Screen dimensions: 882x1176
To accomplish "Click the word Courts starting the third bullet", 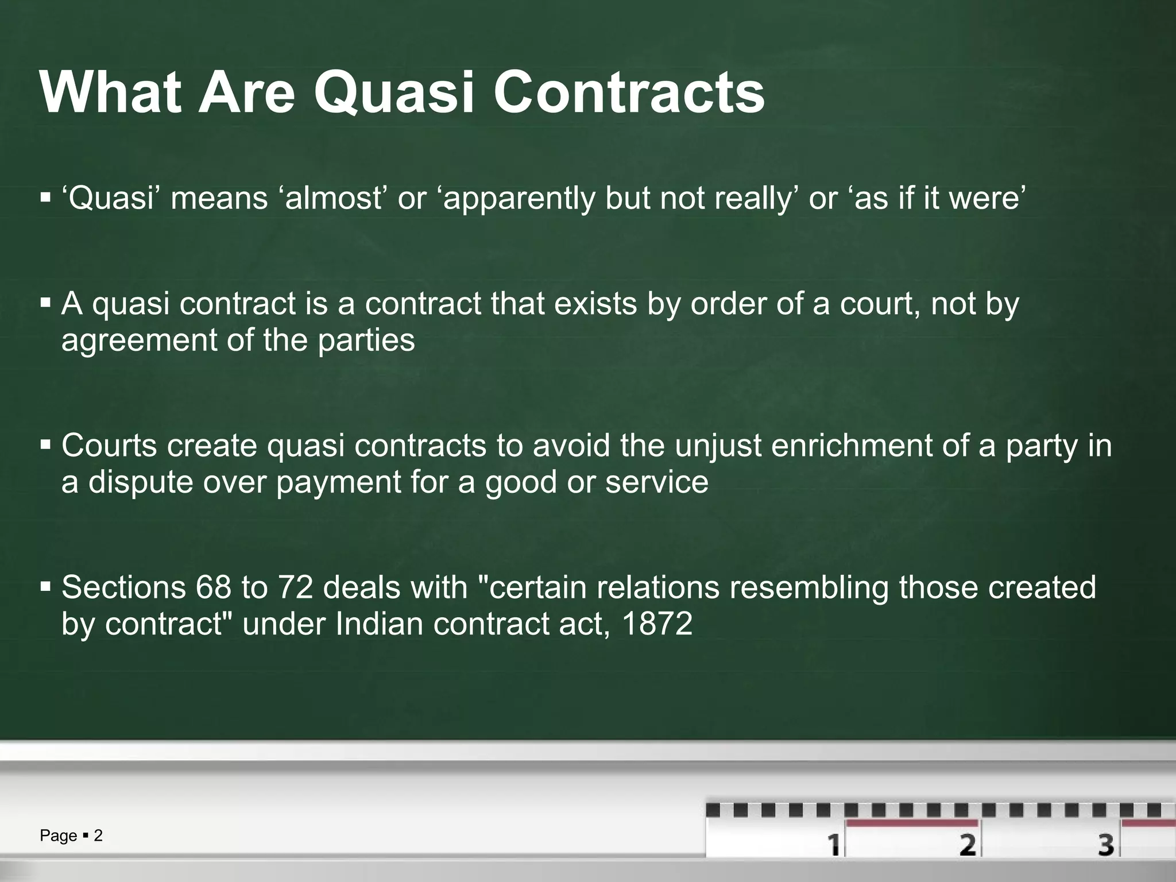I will click(109, 446).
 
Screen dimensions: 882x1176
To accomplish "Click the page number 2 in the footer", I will click(98, 835).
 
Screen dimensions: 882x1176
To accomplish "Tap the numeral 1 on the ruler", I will click(833, 845).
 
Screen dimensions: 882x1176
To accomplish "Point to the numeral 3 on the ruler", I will click(1105, 845).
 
